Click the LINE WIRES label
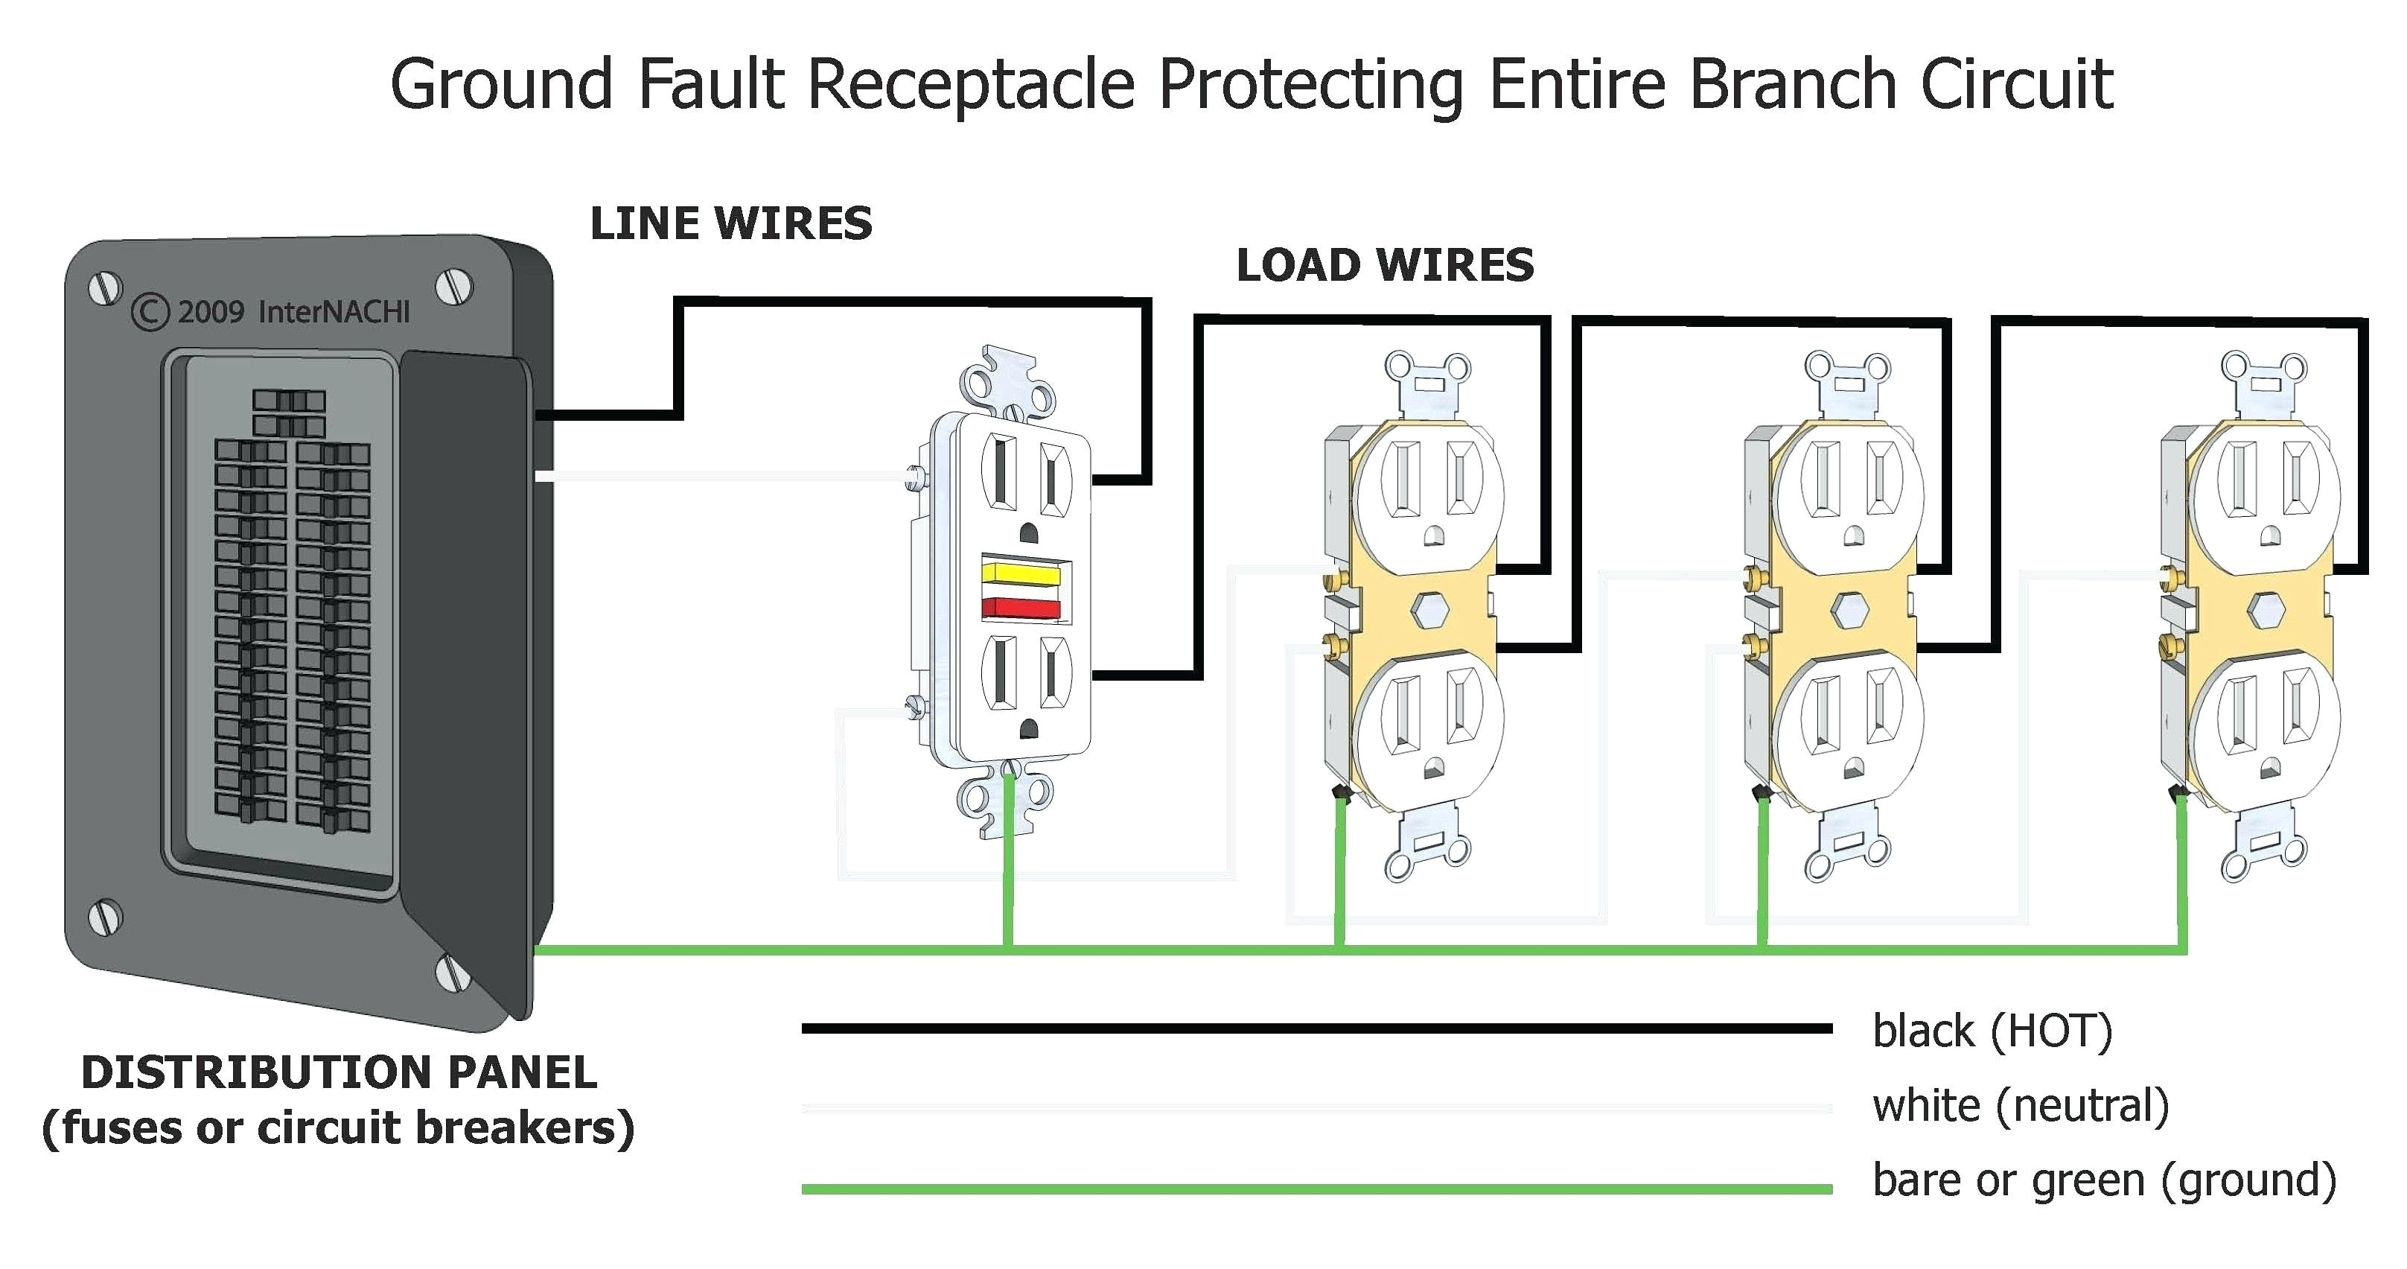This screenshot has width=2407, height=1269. point(730,224)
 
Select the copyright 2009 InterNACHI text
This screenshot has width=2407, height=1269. point(271,312)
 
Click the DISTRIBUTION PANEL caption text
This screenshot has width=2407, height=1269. point(338,1072)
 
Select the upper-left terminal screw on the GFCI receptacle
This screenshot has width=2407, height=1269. point(915,478)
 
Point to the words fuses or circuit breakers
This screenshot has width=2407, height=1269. point(338,1128)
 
